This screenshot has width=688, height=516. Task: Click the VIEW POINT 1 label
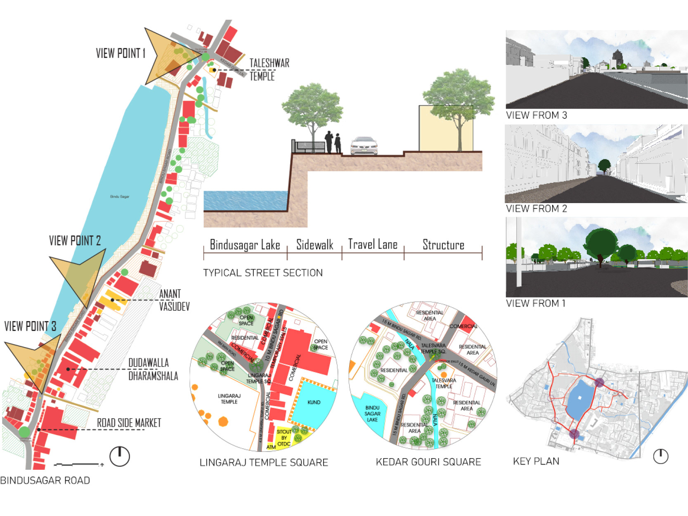tap(121, 53)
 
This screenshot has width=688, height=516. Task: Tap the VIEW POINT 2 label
tap(75, 241)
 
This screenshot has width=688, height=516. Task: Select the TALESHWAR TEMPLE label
tap(269, 69)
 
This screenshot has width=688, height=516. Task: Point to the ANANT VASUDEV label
tap(174, 300)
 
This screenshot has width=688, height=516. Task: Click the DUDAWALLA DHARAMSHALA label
tap(153, 369)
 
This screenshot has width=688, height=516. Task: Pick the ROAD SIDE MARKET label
tap(129, 423)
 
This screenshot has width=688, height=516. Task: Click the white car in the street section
tap(364, 146)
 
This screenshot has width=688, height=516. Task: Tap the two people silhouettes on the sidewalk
tap(333, 142)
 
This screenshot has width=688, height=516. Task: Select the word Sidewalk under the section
tap(314, 245)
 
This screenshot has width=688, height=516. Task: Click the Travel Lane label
tap(373, 244)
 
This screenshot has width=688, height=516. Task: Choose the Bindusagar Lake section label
tap(245, 245)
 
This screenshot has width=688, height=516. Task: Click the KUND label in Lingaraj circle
tap(314, 402)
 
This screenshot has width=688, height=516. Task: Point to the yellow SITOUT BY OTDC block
tap(284, 438)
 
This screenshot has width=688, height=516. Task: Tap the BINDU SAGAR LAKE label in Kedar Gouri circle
tap(372, 413)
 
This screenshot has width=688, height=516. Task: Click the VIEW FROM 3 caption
tap(536, 115)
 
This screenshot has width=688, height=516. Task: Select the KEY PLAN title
tap(536, 461)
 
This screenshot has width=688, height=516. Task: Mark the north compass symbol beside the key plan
tap(660, 456)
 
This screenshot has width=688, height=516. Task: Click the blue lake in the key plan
tap(579, 398)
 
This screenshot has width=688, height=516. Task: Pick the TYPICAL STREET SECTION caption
tap(262, 273)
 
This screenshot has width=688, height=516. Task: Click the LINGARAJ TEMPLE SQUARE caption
tap(264, 462)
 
